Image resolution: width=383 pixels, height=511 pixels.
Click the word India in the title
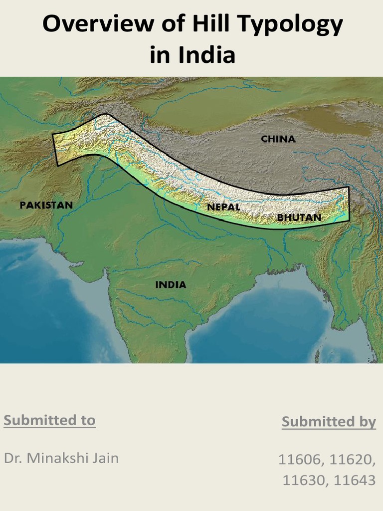(208, 55)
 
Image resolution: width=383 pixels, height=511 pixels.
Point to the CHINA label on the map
(278, 139)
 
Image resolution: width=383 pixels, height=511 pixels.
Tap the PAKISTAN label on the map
(46, 205)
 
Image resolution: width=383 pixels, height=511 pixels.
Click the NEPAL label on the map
(224, 206)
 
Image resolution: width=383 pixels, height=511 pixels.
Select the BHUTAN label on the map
(299, 218)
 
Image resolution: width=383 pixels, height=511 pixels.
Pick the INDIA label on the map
(171, 285)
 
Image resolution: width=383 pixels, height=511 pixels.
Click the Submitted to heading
(49, 420)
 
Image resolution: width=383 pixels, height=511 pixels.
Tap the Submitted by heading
(329, 422)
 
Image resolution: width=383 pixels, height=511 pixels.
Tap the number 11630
(305, 480)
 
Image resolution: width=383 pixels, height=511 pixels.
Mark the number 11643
(355, 480)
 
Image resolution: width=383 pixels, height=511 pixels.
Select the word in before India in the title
(160, 55)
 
